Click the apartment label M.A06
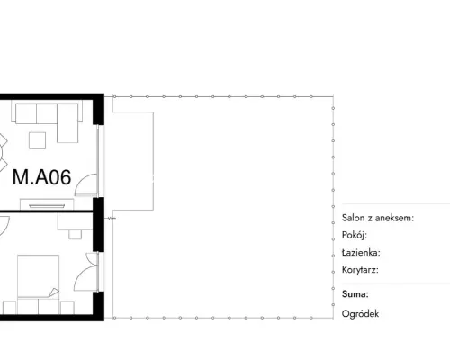point(42,177)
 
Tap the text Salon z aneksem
point(378,218)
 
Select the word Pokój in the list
point(355,235)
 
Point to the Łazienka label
point(361,252)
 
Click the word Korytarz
point(360,270)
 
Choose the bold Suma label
point(355,294)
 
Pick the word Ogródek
point(360,314)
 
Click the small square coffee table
point(38,140)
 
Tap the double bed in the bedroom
point(38,276)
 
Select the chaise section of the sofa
point(67,123)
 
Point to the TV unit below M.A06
point(47,204)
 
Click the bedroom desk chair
point(75,235)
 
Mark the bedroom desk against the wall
point(75,222)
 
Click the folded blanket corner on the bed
point(54,292)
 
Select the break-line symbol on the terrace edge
point(112,218)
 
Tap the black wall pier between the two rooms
point(98,224)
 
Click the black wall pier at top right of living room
point(98,110)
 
